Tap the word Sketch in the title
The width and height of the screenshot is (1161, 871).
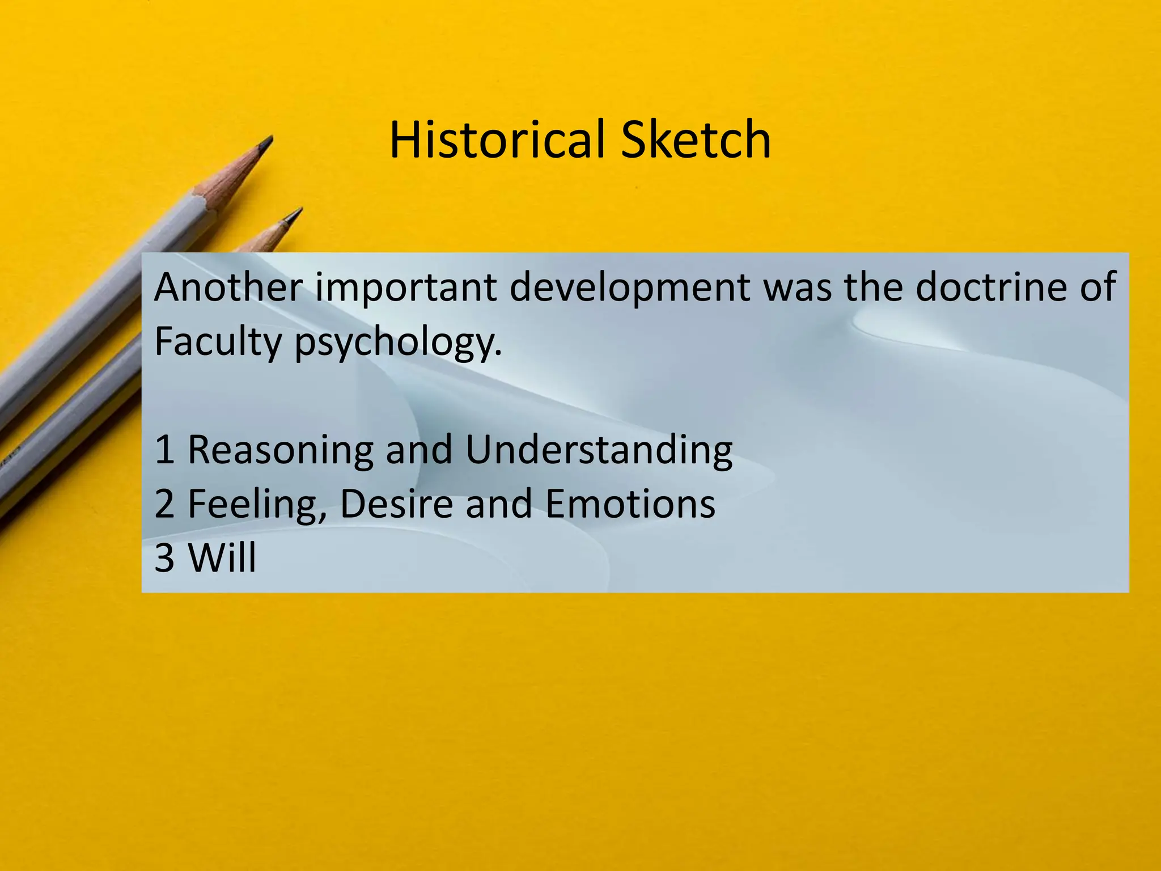point(696,139)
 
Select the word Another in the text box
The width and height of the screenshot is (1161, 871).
point(228,287)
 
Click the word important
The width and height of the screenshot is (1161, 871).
point(406,288)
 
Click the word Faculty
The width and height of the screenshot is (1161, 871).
point(218,342)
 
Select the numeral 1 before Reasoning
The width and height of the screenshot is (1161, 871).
point(164,450)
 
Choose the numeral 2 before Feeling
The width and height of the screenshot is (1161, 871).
point(164,504)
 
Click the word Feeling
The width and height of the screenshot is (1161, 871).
point(257,505)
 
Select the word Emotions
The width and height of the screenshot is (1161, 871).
point(630,504)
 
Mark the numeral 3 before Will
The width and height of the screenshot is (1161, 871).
point(164,557)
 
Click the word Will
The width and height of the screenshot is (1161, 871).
point(222,557)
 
